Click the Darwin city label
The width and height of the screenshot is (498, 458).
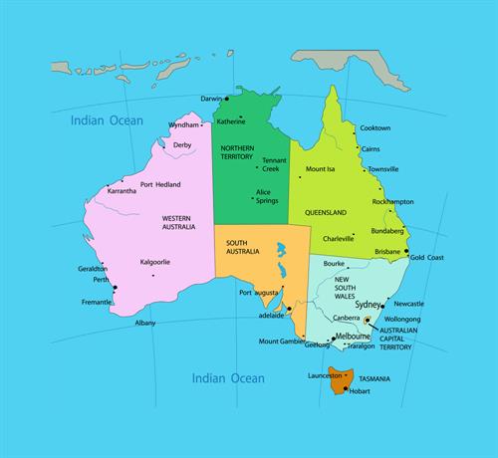click(x=210, y=100)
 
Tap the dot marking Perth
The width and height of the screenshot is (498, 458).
click(x=115, y=288)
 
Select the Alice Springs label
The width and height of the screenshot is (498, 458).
click(x=266, y=196)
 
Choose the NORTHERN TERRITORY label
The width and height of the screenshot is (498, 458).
click(x=238, y=152)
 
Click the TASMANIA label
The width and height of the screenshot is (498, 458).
click(x=374, y=379)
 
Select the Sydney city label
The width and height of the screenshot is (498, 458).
click(x=369, y=304)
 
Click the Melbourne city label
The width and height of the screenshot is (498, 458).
click(x=353, y=338)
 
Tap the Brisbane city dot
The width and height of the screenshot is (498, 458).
click(x=406, y=251)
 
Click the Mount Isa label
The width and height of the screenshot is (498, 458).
click(x=320, y=168)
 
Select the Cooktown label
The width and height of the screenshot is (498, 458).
click(x=374, y=128)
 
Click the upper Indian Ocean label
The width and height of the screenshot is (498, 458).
click(x=107, y=120)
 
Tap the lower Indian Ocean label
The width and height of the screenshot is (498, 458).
click(x=228, y=378)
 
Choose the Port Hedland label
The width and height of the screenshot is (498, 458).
click(x=160, y=185)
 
